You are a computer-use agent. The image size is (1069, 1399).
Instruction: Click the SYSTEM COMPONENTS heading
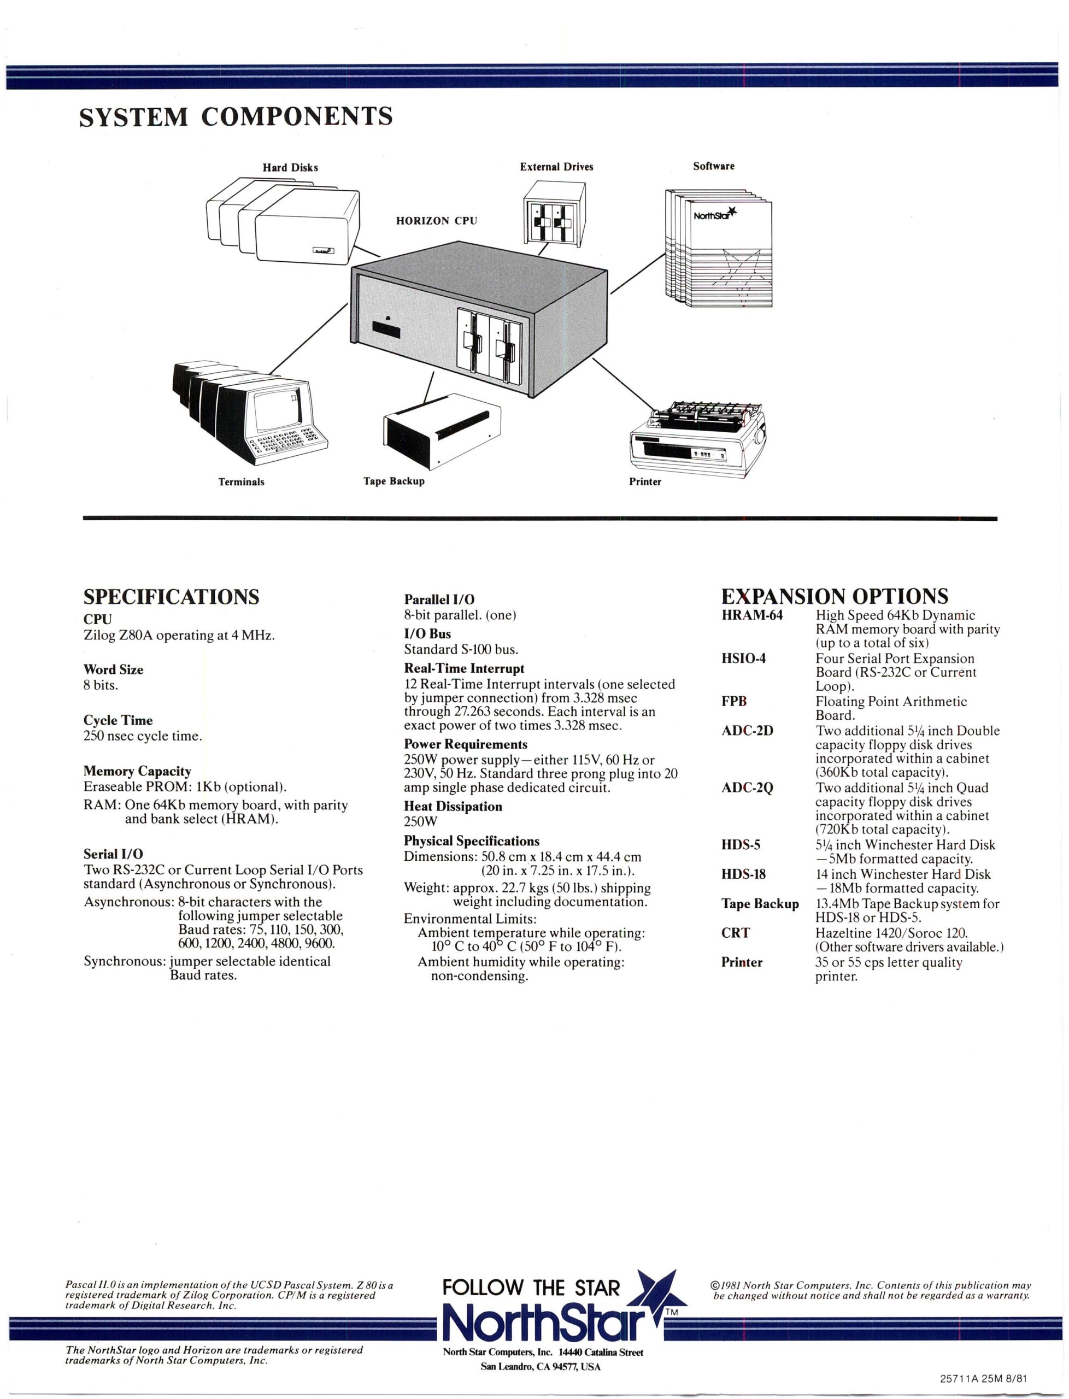[x=236, y=117]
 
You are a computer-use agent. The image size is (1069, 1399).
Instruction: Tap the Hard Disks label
[x=290, y=168]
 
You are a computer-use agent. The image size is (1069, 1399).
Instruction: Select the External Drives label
[x=556, y=167]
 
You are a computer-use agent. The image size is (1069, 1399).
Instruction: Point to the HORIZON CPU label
[x=436, y=221]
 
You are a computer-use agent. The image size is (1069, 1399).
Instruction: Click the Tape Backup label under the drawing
[x=394, y=481]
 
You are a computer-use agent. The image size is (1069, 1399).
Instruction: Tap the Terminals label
[x=241, y=481]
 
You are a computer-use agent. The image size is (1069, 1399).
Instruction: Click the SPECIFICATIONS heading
[x=171, y=597]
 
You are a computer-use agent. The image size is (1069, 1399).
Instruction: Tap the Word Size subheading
[x=113, y=669]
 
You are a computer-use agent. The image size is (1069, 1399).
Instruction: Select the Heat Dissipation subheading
[x=453, y=806]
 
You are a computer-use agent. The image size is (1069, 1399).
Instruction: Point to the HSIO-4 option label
[x=743, y=659]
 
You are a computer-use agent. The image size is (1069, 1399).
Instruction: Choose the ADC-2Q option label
[x=747, y=787]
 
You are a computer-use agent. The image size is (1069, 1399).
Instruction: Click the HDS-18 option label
[x=743, y=874]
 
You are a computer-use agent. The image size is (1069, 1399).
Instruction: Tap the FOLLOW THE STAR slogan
[x=531, y=1288]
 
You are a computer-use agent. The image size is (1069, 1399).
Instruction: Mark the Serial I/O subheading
[x=113, y=854]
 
